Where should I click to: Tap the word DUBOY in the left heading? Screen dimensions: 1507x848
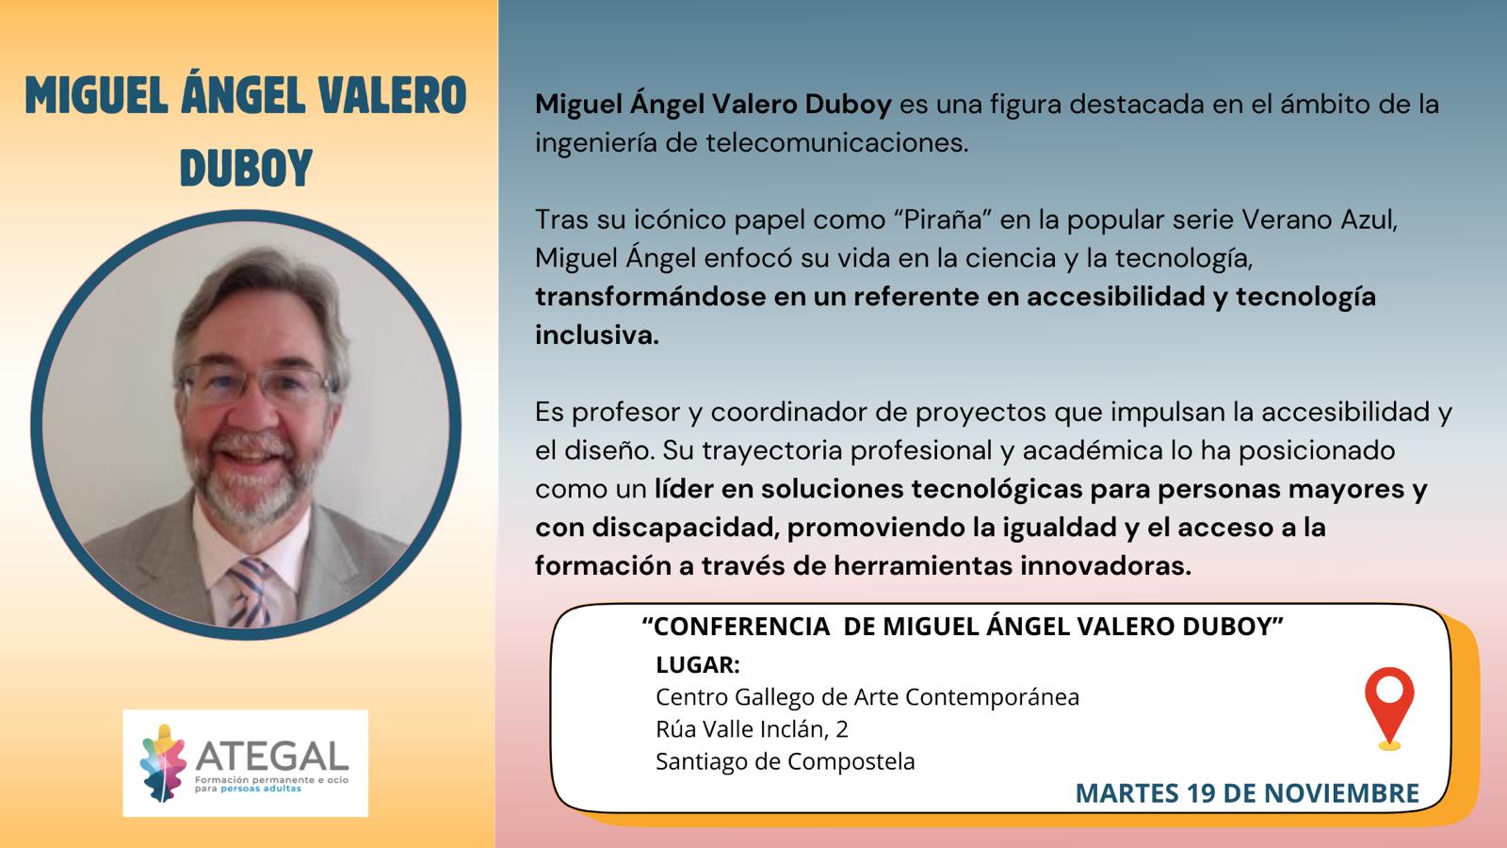click(x=246, y=168)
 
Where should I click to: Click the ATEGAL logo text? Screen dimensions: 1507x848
click(x=272, y=757)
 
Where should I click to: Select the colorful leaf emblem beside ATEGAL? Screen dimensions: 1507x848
click(x=162, y=763)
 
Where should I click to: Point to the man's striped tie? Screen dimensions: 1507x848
click(x=248, y=593)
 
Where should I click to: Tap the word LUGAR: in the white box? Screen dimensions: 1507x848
click(x=698, y=665)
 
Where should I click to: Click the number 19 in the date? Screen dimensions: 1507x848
click(x=1201, y=792)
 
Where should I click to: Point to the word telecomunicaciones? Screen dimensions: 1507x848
click(x=837, y=142)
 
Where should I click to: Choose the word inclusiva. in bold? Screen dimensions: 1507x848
click(x=597, y=334)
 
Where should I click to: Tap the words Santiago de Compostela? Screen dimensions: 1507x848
click(x=786, y=762)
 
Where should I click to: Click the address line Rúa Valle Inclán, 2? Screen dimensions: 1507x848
click(x=753, y=729)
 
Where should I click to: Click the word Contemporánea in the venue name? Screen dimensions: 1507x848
click(x=993, y=697)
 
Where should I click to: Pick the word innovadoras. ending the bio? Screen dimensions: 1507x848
click(x=1106, y=565)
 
